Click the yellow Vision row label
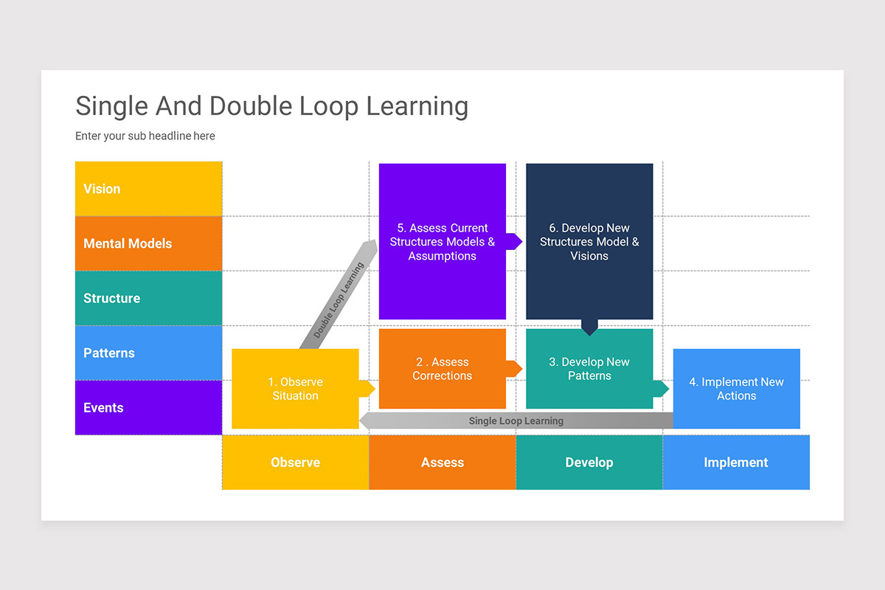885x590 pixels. tap(148, 189)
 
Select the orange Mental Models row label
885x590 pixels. tap(148, 243)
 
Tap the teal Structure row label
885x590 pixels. tap(148, 298)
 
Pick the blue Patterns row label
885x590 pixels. tap(148, 353)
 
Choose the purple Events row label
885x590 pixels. tap(148, 407)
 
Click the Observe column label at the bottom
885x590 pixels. tap(295, 462)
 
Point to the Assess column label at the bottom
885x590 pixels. tap(442, 462)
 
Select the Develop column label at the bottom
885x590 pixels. tap(589, 462)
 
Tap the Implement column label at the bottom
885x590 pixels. tap(736, 462)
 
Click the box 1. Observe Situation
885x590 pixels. tap(295, 389)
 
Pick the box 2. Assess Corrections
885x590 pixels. tap(442, 369)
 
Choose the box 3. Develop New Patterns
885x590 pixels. tap(589, 369)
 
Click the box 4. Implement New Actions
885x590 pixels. tap(736, 389)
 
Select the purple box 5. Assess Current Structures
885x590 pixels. tap(442, 241)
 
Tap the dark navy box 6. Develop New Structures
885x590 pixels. tap(589, 241)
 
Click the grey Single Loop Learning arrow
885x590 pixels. tap(516, 421)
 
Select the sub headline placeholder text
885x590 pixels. tap(145, 136)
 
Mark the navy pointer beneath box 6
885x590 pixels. tap(589, 327)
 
